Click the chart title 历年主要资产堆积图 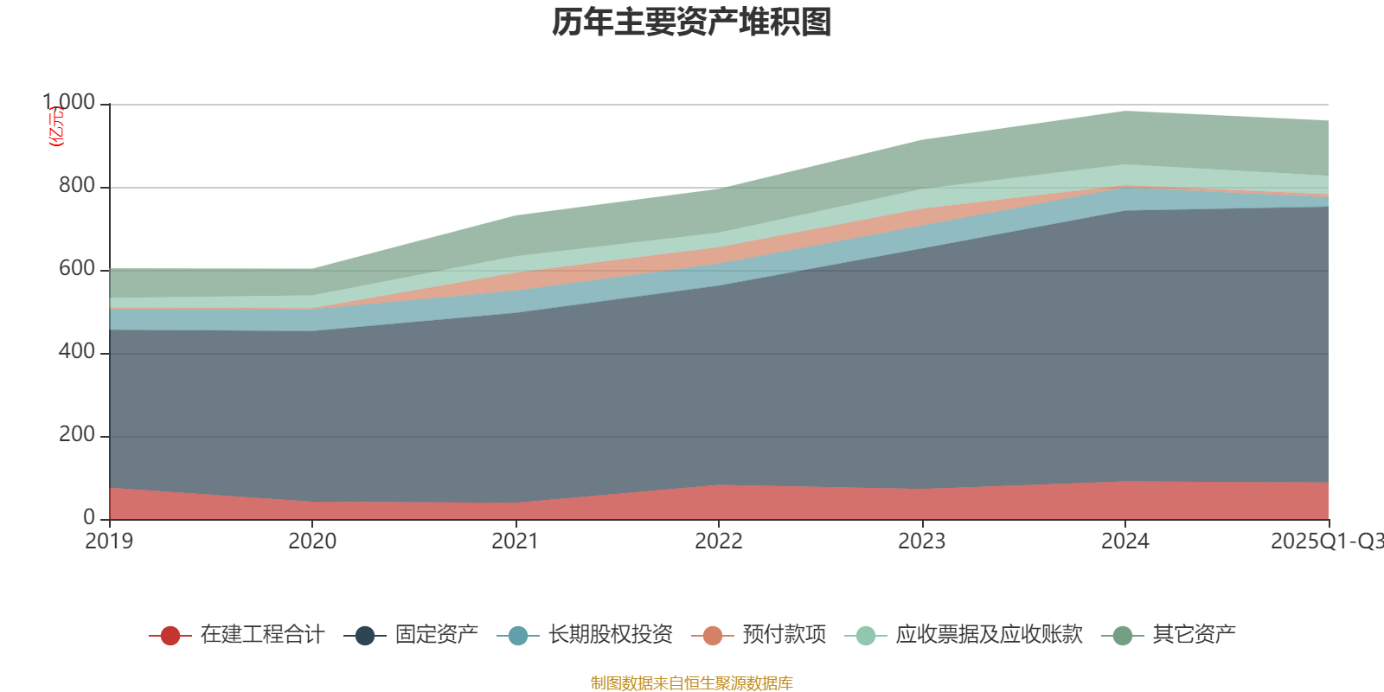(692, 23)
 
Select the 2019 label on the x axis (109, 541)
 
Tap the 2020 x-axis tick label (312, 541)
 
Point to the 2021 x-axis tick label (516, 541)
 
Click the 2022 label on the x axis (719, 541)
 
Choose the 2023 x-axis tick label (921, 541)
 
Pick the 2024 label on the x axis (1124, 541)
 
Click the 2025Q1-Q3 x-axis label (1325, 541)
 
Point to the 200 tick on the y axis (77, 435)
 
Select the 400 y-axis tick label (77, 352)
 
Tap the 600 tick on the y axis (77, 269)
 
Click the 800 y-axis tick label (77, 186)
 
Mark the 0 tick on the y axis (89, 518)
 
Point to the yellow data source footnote (692, 683)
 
